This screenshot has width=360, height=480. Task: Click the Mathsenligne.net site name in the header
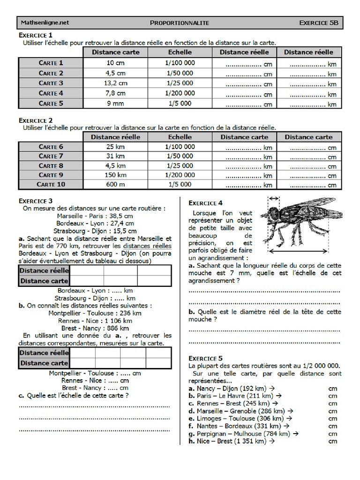[x=45, y=22]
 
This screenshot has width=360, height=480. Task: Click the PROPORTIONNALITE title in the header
[x=180, y=22]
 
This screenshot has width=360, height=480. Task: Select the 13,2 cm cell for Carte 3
[x=115, y=83]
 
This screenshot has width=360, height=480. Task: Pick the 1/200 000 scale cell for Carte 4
[x=180, y=93]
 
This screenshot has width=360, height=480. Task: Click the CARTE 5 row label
[x=51, y=104]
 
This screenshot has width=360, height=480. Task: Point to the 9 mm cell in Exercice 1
[x=115, y=104]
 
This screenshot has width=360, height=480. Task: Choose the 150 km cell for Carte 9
[x=115, y=175]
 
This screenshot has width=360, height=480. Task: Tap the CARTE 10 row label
[x=51, y=185]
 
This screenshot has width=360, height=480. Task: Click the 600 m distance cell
[x=115, y=185]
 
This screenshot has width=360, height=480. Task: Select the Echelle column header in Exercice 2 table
[x=180, y=137]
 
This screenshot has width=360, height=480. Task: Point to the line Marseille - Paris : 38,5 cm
[x=95, y=216]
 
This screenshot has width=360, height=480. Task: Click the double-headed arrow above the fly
[x=274, y=198]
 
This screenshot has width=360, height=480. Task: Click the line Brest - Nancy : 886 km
[x=95, y=328]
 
